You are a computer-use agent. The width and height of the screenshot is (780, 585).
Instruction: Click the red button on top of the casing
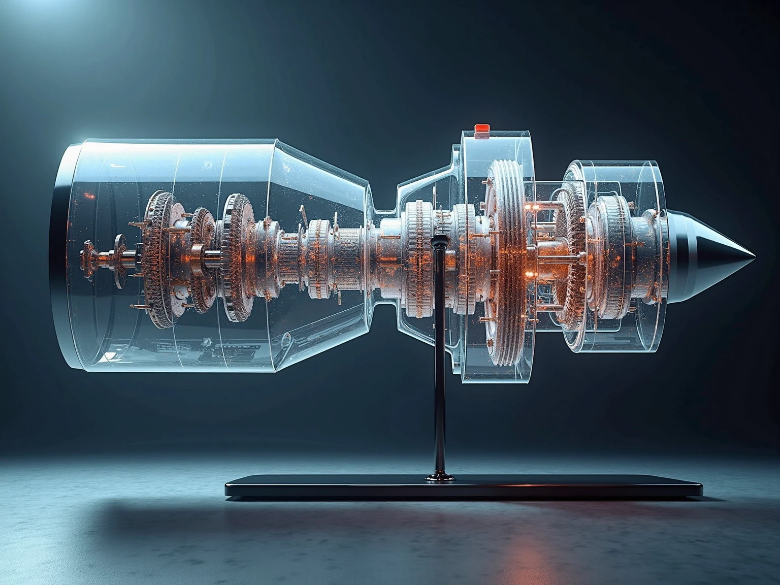tap(480, 131)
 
